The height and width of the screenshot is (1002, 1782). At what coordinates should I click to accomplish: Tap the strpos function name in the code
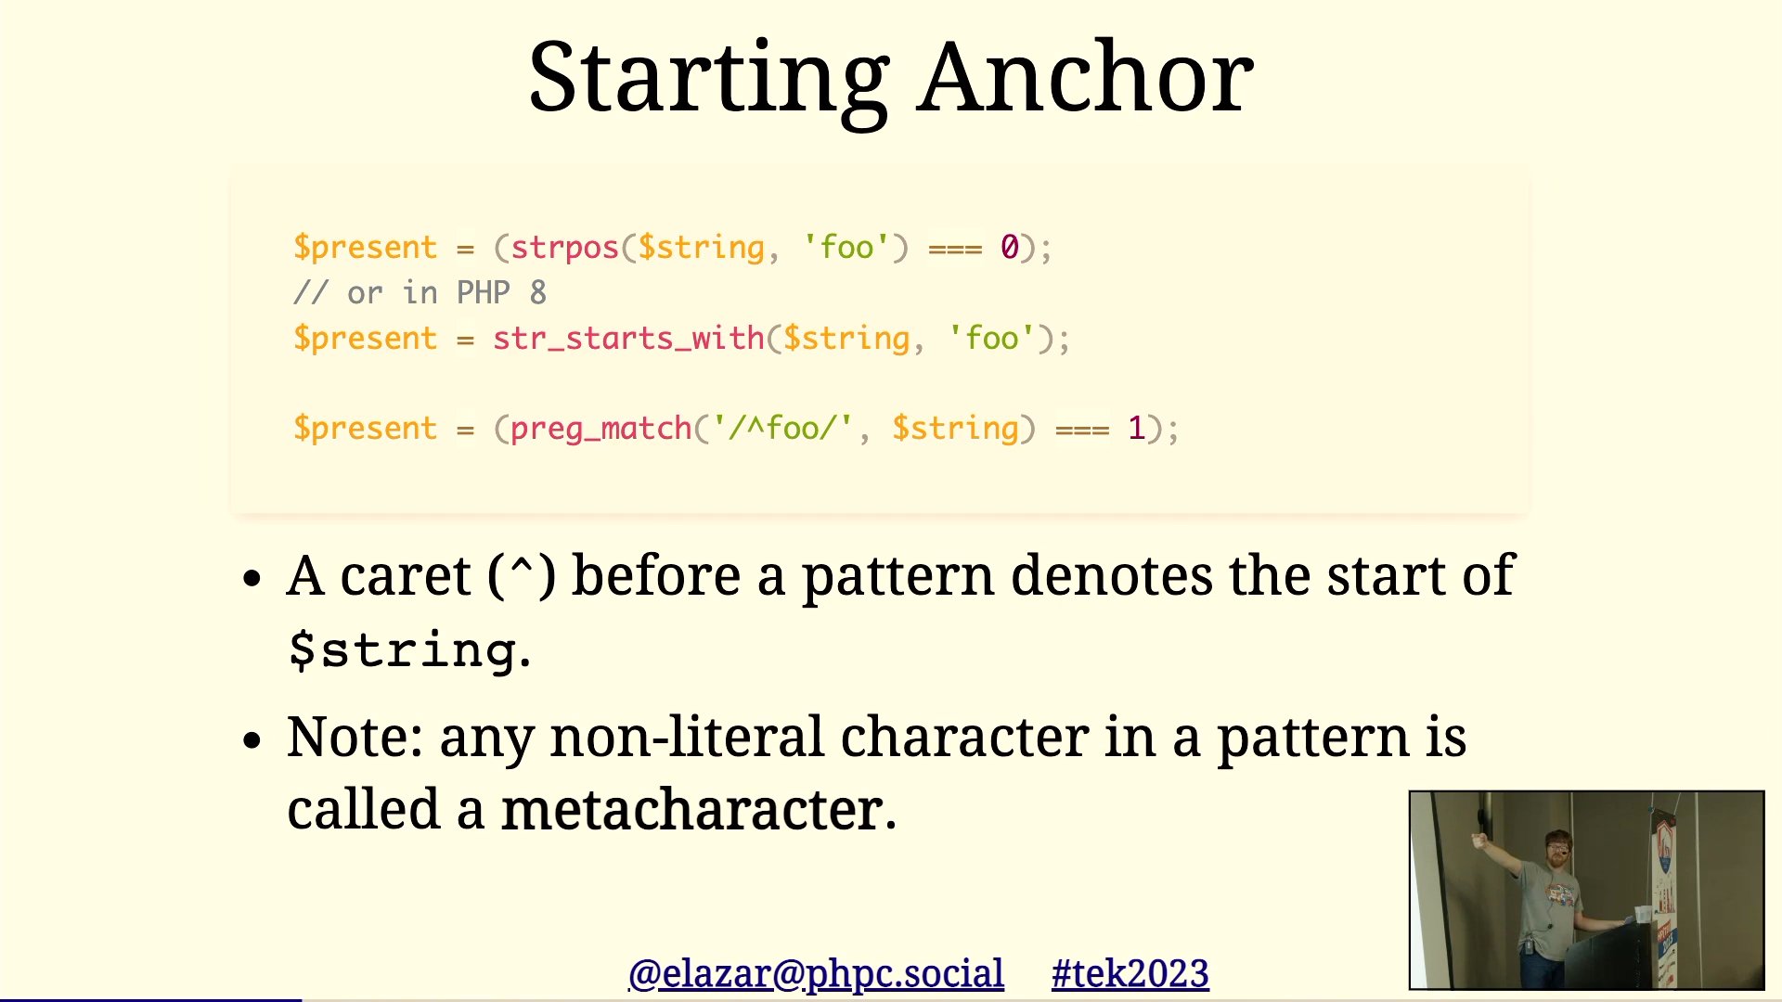(x=564, y=249)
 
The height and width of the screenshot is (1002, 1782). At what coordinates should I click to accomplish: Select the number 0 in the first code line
(x=1009, y=247)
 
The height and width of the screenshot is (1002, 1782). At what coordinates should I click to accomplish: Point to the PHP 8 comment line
(x=420, y=293)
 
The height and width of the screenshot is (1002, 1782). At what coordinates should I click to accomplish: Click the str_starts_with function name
(x=628, y=339)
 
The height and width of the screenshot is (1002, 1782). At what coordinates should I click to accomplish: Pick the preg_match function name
(x=600, y=429)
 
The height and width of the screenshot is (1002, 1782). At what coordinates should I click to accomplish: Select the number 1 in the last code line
(x=1136, y=429)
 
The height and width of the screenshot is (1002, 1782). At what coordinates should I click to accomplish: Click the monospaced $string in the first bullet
(x=402, y=649)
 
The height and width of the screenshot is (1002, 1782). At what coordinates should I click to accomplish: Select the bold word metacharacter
(x=692, y=810)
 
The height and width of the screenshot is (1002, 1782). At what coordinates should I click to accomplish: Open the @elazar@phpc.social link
(x=816, y=974)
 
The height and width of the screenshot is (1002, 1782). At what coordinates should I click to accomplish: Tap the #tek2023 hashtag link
(x=1130, y=974)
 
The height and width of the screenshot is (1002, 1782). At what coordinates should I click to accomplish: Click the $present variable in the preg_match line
(x=365, y=429)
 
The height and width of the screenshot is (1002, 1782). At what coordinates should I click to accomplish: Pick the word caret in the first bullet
(x=406, y=576)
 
